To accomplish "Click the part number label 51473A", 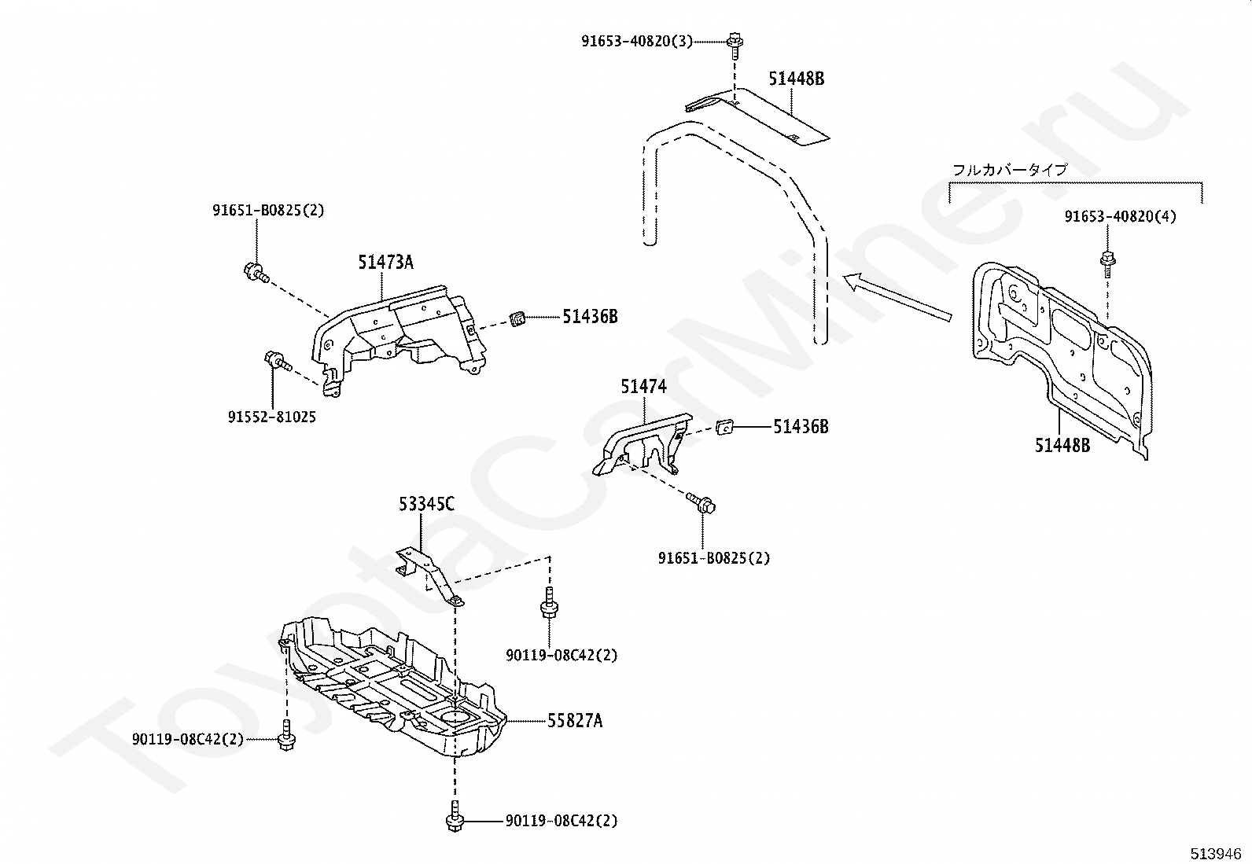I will click(x=385, y=263).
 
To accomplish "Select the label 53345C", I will click(x=425, y=504).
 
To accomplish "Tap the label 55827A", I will click(x=575, y=720).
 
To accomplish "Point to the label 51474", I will click(x=643, y=386).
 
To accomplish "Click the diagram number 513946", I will click(x=1214, y=853).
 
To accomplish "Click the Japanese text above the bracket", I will click(x=1010, y=170).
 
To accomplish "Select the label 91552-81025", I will click(x=272, y=417).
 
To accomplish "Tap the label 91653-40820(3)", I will click(x=637, y=41).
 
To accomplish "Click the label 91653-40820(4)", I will click(x=1121, y=216).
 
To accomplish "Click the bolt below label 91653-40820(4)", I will click(x=1109, y=262).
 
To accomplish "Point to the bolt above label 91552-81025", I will click(x=277, y=361).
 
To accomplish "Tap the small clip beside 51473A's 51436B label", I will click(x=517, y=318).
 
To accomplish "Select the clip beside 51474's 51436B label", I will click(x=726, y=427).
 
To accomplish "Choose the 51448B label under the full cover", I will click(x=1062, y=445).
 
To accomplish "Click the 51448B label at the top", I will click(x=797, y=79).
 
